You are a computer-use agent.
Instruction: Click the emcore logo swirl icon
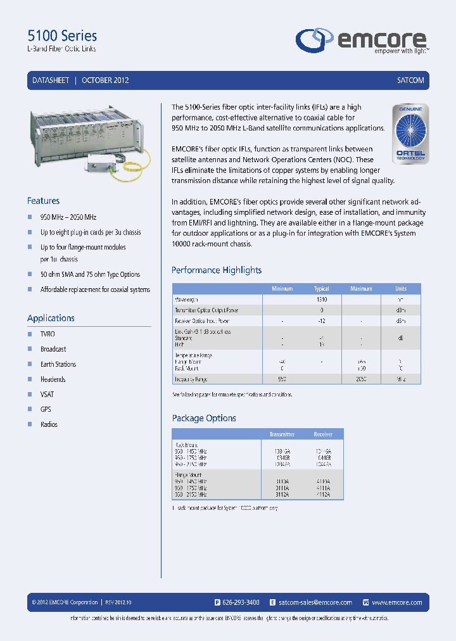click(x=314, y=39)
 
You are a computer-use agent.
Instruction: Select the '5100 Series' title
click(x=63, y=36)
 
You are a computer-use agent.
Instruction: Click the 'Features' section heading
click(x=43, y=201)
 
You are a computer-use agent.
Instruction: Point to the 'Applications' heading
click(x=51, y=318)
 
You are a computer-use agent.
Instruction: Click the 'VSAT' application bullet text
click(x=48, y=394)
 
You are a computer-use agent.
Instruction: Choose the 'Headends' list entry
click(x=53, y=379)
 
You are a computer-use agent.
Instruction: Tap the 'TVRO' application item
click(x=47, y=334)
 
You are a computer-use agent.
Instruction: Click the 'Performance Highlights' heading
click(x=217, y=270)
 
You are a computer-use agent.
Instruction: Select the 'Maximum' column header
click(x=361, y=289)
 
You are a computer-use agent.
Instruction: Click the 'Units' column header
click(x=401, y=289)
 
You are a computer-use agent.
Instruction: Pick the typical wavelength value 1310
click(x=322, y=299)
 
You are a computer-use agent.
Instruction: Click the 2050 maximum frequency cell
click(x=361, y=379)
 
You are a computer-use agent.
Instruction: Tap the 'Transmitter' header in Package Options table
click(x=282, y=435)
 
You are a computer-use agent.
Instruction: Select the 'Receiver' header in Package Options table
click(x=323, y=435)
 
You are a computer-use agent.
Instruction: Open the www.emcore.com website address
click(x=397, y=602)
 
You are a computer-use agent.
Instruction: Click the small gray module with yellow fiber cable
click(x=106, y=165)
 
